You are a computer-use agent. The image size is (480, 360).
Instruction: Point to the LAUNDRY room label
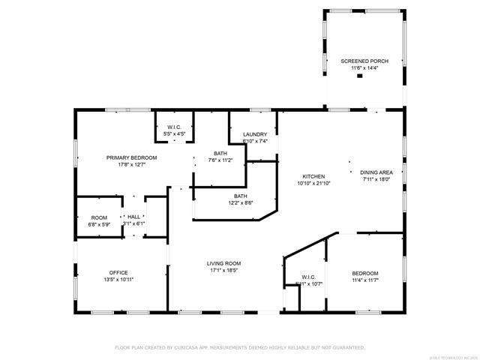pos(255,134)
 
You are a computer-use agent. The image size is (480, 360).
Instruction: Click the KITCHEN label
pos(313,176)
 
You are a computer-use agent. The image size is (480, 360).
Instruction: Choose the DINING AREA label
pos(377,172)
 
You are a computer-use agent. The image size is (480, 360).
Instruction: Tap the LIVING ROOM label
pos(223,263)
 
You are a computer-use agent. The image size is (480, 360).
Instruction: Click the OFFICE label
pos(118,272)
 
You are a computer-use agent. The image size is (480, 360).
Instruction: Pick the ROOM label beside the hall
pos(99,217)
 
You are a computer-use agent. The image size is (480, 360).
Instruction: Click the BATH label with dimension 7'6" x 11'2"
pos(220,153)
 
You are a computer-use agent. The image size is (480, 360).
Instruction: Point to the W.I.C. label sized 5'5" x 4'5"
pos(174,127)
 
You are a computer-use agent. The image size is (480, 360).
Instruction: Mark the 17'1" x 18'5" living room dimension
pos(223,270)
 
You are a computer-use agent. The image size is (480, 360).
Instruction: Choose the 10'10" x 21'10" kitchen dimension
pos(313,183)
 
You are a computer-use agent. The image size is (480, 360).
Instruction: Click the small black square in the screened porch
pos(359,75)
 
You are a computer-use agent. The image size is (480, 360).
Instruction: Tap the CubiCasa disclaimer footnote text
pos(239,348)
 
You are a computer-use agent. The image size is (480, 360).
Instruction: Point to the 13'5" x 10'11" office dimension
pos(118,279)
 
